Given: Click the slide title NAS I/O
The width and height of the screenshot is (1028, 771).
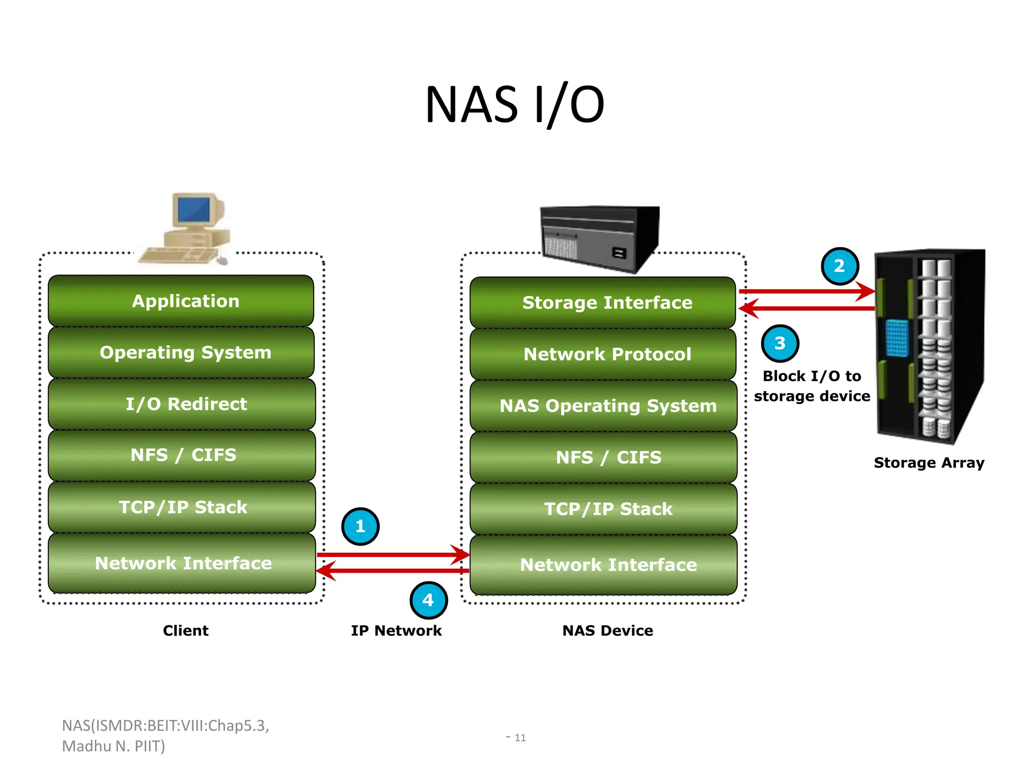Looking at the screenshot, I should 515,104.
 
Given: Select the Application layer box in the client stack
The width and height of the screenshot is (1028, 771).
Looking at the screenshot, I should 181,301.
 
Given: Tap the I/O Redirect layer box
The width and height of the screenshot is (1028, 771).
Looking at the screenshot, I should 181,404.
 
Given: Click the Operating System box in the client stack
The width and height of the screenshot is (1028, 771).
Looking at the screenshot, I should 181,352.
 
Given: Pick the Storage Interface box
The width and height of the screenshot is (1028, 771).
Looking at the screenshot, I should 603,303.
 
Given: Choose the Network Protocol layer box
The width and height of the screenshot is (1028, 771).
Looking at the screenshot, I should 603,354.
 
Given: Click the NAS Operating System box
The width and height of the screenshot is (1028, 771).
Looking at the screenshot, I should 603,406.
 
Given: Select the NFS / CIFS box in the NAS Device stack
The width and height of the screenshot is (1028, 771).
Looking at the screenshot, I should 603,457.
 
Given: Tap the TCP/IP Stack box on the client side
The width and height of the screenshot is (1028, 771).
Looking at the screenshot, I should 181,507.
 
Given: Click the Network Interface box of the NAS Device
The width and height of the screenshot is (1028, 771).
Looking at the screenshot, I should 603,565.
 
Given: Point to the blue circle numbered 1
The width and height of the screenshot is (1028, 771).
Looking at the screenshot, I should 360,527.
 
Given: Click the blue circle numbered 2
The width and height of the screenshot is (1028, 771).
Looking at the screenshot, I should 840,266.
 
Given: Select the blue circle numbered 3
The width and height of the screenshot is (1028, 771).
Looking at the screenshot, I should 780,344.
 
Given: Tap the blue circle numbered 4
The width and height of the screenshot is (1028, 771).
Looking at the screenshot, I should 428,600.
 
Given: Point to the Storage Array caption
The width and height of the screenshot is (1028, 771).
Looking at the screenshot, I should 929,463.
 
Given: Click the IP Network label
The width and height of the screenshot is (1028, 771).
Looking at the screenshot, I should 396,630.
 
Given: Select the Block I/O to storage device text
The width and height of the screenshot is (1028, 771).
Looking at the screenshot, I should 812,386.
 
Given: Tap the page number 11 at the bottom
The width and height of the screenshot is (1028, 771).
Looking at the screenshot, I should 520,738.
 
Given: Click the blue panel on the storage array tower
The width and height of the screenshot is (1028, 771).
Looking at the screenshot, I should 897,338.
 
